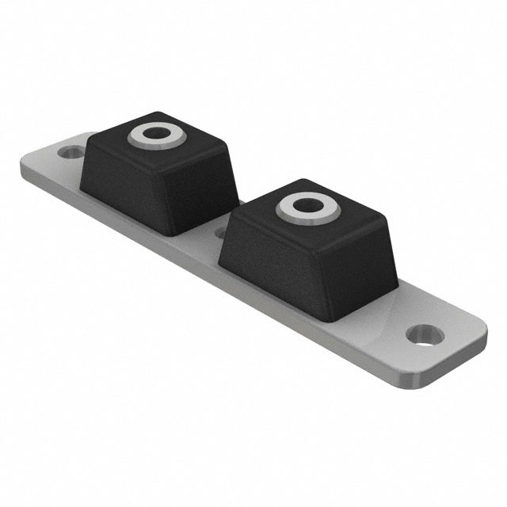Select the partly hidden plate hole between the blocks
(x=220, y=232)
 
